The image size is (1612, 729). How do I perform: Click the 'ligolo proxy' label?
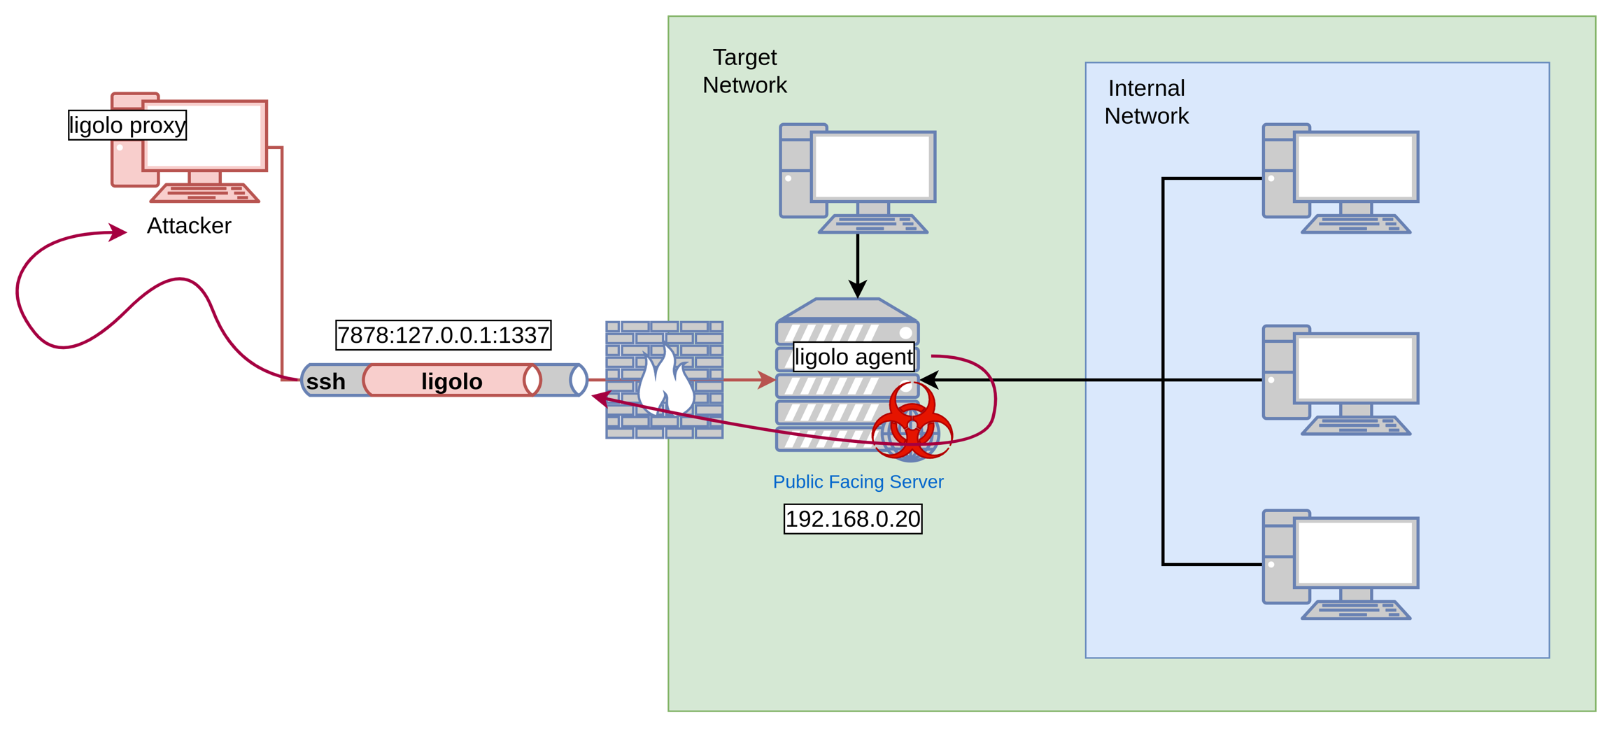(x=127, y=125)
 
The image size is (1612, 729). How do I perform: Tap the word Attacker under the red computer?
(x=189, y=225)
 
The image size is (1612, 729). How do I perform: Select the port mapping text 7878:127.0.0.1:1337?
(x=443, y=335)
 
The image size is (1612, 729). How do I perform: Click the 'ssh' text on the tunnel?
(x=325, y=381)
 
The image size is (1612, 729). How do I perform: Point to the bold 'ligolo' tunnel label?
(x=451, y=381)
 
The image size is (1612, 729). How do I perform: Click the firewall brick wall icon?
(x=663, y=380)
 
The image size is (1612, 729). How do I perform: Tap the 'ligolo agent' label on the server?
(x=854, y=357)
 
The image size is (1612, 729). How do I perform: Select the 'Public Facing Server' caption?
(x=858, y=481)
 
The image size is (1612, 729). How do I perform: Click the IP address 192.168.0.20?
(x=853, y=519)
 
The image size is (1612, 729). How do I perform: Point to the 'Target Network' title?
(x=744, y=71)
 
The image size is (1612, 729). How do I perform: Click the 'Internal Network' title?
(x=1146, y=101)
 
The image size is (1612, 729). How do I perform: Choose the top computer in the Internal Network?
(x=1340, y=178)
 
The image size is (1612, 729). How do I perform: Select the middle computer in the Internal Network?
(x=1340, y=380)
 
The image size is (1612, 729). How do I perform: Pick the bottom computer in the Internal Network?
(x=1340, y=565)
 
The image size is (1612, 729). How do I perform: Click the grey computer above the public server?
(x=858, y=178)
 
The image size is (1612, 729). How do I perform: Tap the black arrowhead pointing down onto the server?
(x=858, y=288)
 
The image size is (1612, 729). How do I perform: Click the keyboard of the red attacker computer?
(x=206, y=192)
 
